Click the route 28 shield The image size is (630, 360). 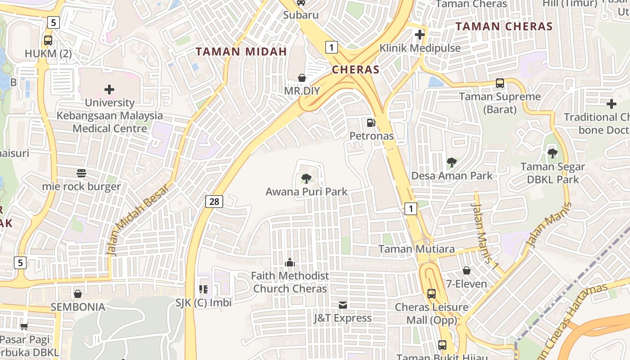pos(214,202)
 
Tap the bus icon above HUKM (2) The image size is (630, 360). pos(48,40)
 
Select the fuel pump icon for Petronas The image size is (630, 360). pos(371,122)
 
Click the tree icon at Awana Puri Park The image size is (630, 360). pos(306,179)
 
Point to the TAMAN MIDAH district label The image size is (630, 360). pos(241,52)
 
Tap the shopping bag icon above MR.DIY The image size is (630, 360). pos(301,78)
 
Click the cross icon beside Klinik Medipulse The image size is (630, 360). pos(420,35)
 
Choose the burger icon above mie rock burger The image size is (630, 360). pos(81,173)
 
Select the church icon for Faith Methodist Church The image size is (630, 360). pos(290,262)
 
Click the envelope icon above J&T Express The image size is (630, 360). pos(343,305)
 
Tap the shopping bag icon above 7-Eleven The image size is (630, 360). pos(467,270)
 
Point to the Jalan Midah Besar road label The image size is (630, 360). pos(139,220)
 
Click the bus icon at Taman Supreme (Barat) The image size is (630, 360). pos(499,83)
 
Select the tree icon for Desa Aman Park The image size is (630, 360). pos(451,162)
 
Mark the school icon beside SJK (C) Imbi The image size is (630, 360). pos(203,289)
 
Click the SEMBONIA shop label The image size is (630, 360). pos(78,307)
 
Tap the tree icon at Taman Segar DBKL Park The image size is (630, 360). pos(553,153)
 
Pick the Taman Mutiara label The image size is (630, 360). pos(416,249)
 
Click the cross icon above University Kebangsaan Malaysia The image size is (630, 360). pos(109,90)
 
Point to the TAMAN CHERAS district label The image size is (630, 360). pos(504,27)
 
